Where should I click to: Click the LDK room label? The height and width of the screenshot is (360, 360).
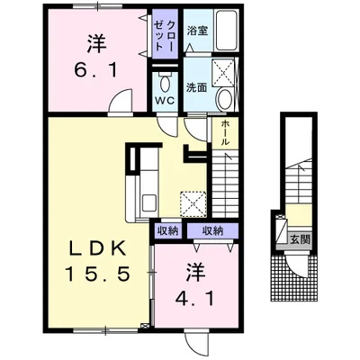[97, 248]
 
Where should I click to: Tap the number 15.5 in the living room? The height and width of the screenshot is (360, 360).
[98, 274]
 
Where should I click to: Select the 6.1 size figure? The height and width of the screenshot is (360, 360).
[95, 70]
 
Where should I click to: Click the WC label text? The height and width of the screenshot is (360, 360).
[165, 101]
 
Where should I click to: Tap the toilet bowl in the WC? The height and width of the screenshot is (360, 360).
[165, 84]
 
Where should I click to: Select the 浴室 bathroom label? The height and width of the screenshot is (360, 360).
[197, 31]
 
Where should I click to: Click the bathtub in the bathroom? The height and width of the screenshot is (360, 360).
[228, 31]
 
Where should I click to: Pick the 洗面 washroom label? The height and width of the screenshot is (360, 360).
[196, 87]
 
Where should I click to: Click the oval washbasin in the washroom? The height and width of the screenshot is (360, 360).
[224, 99]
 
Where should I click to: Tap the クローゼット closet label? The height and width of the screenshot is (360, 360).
[165, 35]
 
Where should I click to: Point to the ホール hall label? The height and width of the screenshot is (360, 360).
[225, 133]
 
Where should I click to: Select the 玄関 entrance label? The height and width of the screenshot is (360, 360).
[300, 239]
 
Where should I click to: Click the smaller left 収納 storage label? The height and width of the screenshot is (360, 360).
[168, 231]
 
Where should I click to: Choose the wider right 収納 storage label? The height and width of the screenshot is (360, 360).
[212, 231]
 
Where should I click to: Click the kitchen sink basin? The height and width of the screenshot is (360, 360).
[148, 204]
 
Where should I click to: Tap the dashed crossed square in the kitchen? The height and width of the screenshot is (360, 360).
[193, 204]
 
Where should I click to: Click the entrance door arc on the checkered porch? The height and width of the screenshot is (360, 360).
[297, 267]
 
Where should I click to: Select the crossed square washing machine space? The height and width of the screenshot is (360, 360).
[224, 72]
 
